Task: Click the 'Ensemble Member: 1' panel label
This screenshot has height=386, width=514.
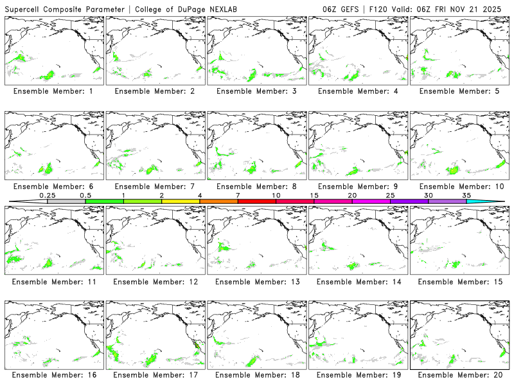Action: [53, 91]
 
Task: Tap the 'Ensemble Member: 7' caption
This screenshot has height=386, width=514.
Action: [154, 187]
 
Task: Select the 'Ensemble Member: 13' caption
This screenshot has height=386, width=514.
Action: [256, 282]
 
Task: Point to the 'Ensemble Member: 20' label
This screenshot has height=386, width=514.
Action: [458, 375]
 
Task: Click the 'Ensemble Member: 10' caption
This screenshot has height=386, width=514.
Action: [458, 187]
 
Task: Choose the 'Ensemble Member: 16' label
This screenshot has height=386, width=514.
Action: [53, 375]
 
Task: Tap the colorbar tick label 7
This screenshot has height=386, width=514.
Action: [238, 195]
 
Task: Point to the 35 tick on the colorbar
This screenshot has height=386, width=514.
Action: [466, 195]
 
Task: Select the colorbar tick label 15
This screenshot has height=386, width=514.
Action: [314, 195]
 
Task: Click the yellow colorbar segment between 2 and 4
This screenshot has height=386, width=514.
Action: [181, 201]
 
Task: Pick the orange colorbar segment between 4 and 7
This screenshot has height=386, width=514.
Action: [218, 201]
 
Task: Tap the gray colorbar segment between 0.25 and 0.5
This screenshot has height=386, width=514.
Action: [66, 201]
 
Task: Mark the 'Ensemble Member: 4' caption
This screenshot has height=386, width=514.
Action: [357, 91]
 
